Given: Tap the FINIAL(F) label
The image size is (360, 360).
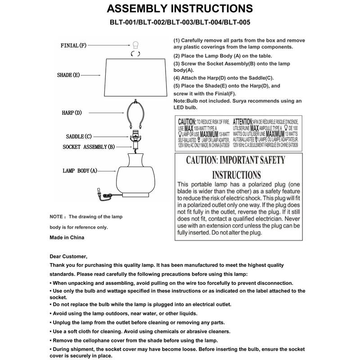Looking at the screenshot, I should (x=73, y=46).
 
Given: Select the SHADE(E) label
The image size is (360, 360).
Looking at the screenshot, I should (x=68, y=75).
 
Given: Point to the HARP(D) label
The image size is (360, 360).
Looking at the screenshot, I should (x=72, y=112).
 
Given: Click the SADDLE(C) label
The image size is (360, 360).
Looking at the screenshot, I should (x=79, y=136).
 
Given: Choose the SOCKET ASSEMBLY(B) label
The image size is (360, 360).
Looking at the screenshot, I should (x=89, y=147).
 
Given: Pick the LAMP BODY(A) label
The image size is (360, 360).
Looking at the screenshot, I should (x=80, y=171).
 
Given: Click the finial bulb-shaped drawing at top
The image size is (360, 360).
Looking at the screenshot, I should (x=134, y=45).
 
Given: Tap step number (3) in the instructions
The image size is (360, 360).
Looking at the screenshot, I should (x=177, y=64).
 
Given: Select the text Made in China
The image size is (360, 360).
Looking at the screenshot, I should (x=67, y=237).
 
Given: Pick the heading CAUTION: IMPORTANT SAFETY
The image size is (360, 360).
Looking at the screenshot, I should (x=236, y=160).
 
